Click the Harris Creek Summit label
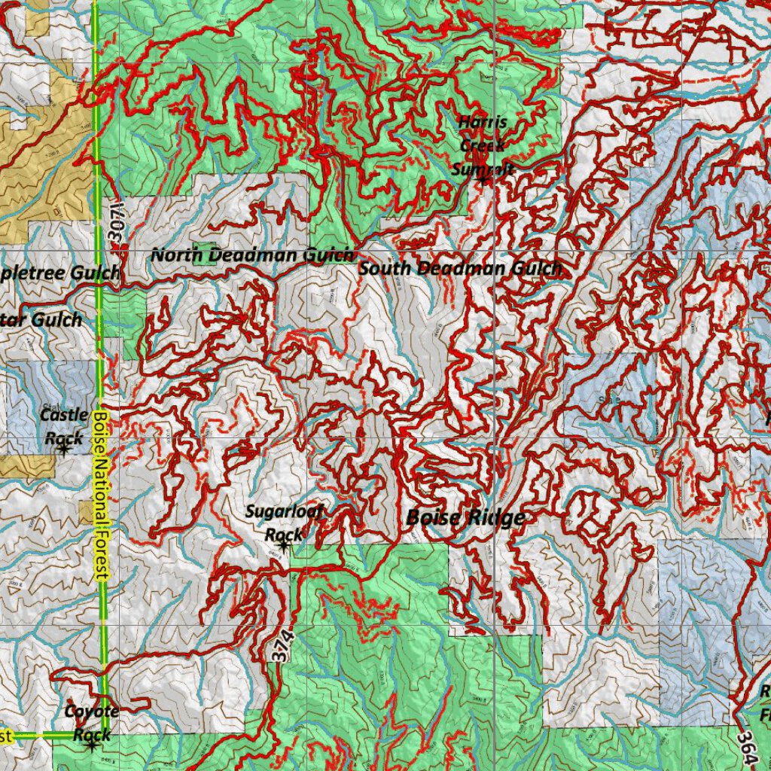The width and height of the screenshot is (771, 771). (x=483, y=145)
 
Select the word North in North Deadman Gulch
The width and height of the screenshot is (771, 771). (x=177, y=254)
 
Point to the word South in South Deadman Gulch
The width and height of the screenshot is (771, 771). (x=385, y=268)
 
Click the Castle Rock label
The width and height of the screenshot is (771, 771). (x=63, y=425)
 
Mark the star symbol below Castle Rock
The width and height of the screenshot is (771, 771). (x=63, y=449)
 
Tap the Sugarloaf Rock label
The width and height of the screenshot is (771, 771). (x=284, y=523)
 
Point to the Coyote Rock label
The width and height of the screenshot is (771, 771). (x=92, y=722)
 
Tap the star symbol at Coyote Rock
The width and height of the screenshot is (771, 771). (x=92, y=745)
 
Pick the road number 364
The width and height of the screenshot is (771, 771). (x=745, y=746)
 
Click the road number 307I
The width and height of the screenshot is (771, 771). (x=115, y=221)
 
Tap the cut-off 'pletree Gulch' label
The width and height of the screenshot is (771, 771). (x=60, y=273)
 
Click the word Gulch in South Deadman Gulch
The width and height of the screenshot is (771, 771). (x=537, y=268)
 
